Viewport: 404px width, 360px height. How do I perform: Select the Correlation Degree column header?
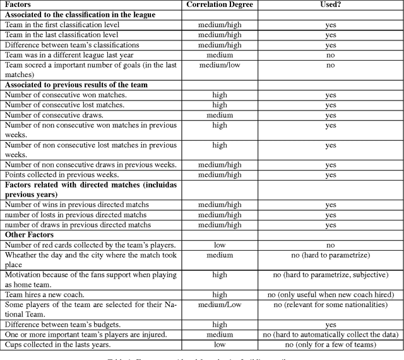[x=220, y=4]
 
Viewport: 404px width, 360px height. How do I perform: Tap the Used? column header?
[x=331, y=4]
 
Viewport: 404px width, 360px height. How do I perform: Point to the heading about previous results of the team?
[x=76, y=85]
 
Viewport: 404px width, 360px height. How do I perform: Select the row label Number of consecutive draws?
[x=55, y=115]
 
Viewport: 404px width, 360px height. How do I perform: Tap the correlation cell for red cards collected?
[x=220, y=244]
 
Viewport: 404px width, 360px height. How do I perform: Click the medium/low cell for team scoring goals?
[x=220, y=65]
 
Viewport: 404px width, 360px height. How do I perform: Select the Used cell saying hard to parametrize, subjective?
[x=331, y=275]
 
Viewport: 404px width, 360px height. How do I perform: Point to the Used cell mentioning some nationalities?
[x=331, y=304]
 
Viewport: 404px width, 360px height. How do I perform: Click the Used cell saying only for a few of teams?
[x=331, y=344]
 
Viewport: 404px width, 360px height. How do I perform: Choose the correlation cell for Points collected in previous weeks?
[x=220, y=174]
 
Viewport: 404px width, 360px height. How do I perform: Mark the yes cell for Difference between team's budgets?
[x=331, y=324]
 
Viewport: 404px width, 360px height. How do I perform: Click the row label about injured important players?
[x=85, y=334]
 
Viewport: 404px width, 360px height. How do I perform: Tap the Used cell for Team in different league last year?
[x=331, y=55]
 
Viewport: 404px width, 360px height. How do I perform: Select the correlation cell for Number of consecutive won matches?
[x=220, y=95]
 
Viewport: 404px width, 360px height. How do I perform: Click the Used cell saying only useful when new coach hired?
[x=331, y=294]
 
